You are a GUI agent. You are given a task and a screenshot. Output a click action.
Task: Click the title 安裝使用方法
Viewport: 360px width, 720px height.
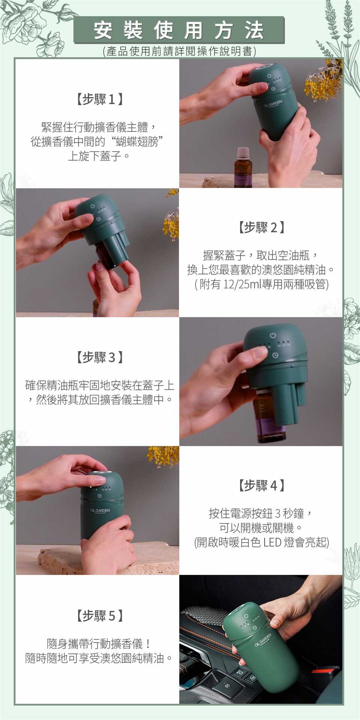(179, 30)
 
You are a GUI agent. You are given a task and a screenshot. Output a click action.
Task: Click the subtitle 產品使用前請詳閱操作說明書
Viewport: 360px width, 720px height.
(179, 51)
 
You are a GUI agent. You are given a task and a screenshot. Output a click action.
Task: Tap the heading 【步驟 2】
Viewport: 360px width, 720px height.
(261, 227)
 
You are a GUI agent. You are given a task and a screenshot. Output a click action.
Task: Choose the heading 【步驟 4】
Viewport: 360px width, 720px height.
(261, 486)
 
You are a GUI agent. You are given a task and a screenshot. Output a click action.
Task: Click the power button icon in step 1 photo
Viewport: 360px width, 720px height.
(269, 76)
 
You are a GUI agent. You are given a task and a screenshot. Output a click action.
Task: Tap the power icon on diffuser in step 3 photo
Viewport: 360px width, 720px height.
(273, 334)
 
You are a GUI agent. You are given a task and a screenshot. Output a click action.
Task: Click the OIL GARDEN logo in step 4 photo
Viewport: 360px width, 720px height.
(100, 511)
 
